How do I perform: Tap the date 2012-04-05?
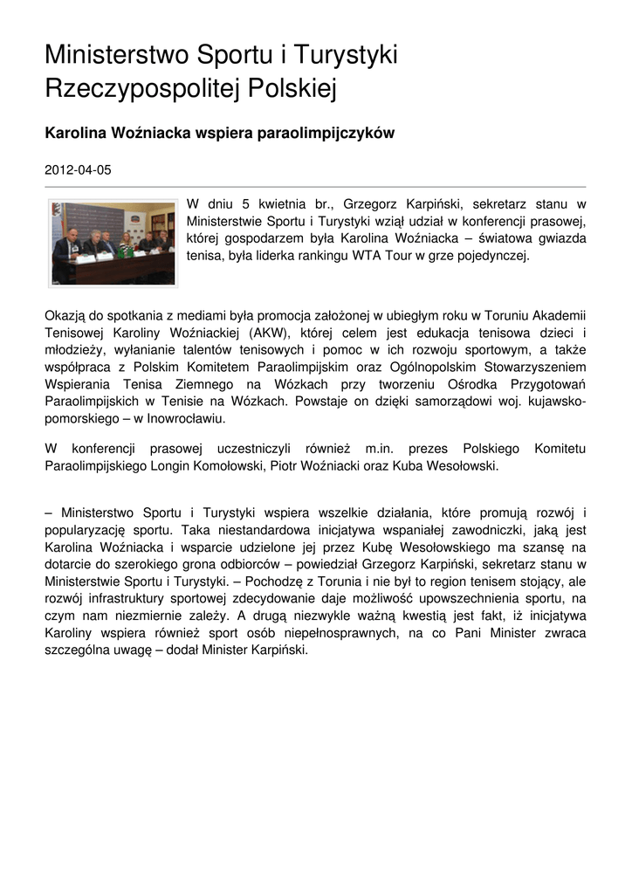tap(78, 170)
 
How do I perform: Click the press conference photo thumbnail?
tap(113, 242)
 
